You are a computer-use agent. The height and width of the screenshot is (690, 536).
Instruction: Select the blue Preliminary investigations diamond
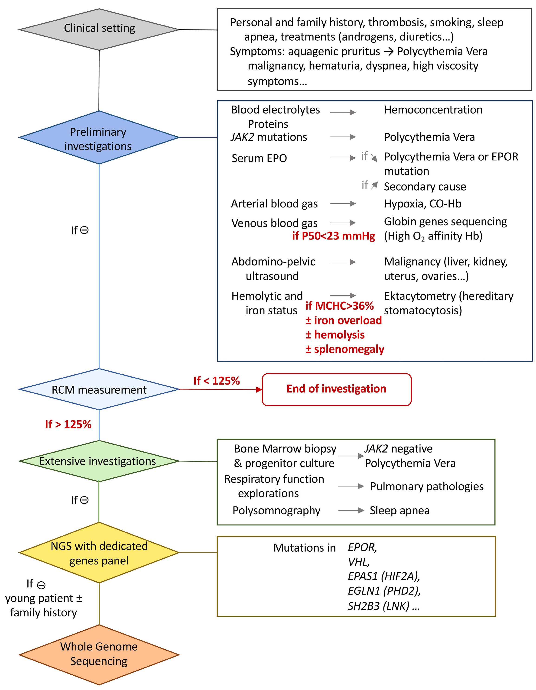(99, 138)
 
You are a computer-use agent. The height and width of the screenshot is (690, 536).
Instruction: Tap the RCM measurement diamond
(99, 389)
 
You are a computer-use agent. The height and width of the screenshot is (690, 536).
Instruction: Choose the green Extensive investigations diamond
(99, 461)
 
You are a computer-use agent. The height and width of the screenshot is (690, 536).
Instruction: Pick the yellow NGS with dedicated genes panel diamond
(99, 553)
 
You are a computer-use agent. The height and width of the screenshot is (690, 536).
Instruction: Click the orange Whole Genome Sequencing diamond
(99, 654)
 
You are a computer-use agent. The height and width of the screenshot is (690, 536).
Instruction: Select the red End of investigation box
(337, 389)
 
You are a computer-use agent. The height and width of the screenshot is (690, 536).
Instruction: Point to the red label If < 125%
(217, 381)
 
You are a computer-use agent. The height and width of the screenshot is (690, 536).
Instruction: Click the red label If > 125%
(68, 424)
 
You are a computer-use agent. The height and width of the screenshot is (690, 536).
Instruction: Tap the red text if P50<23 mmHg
(334, 236)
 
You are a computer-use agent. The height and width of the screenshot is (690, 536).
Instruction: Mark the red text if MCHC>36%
(339, 306)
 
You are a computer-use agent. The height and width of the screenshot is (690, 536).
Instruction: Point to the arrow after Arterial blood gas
(343, 204)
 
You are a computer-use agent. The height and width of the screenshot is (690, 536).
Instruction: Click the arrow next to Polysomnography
(351, 510)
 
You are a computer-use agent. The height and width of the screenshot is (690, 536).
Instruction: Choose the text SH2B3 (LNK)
(379, 606)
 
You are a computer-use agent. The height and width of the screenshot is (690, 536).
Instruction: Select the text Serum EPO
(259, 158)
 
